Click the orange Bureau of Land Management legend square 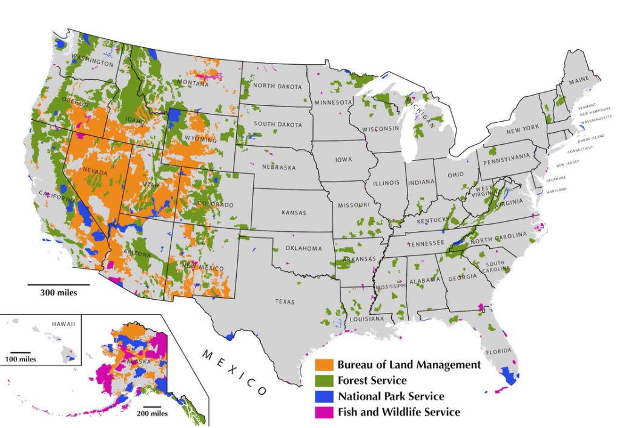pos(325,365)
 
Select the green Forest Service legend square pos(325,381)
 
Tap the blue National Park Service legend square pos(325,397)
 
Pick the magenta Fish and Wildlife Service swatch pos(325,412)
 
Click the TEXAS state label pos(285,301)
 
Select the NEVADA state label pos(94,173)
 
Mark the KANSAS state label pos(294,212)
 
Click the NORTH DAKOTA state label pos(277,86)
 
